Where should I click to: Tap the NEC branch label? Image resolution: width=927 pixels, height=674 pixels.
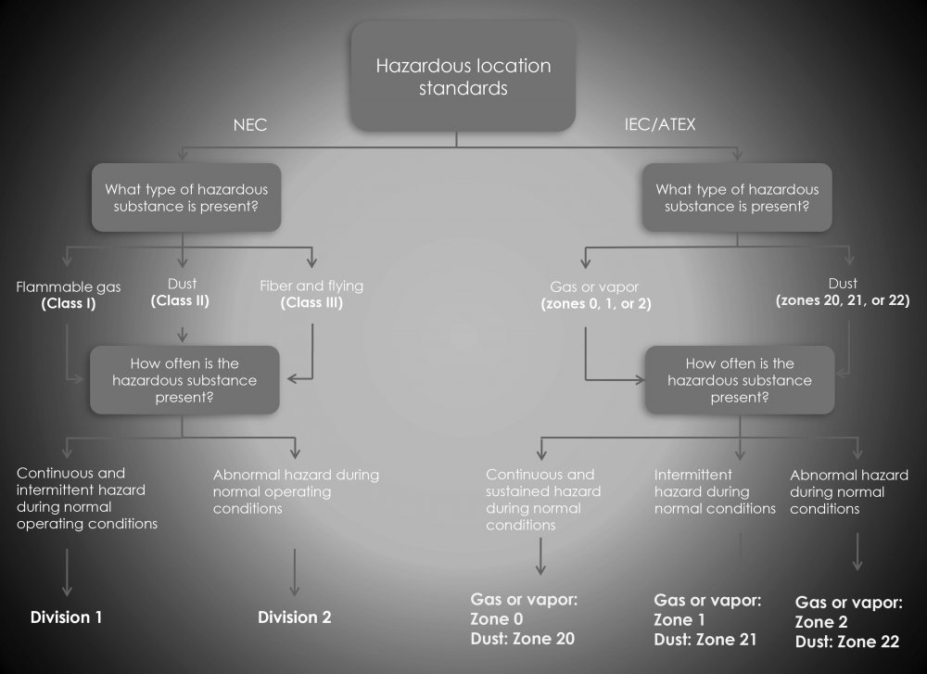pos(249,125)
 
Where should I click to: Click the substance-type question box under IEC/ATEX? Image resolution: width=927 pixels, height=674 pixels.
pos(737,197)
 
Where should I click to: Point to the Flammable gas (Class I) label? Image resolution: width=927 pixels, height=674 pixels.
pos(69,295)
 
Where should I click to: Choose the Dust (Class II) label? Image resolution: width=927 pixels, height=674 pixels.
pos(180,293)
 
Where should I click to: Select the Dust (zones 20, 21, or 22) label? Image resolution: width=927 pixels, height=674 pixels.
pos(843,292)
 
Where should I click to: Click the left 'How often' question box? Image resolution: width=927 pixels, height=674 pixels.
pos(184,380)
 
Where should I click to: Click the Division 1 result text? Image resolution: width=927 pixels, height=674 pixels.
pos(67,617)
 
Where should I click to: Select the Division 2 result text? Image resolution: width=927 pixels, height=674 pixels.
pos(294,617)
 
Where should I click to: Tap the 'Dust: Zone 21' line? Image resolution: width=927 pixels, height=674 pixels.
pos(705,640)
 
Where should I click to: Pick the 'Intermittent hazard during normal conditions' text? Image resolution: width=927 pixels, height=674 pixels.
pos(715,491)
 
